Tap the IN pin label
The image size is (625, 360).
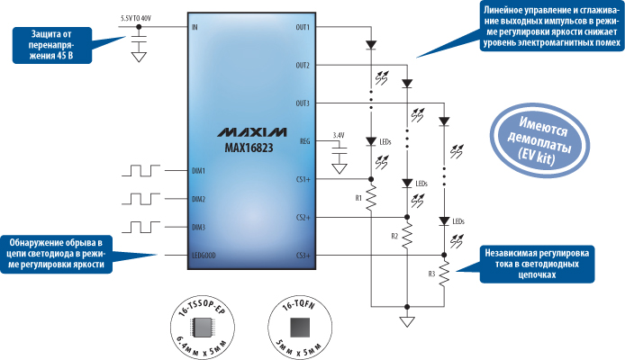[x=195, y=28]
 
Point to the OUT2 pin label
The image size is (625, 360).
[x=302, y=66]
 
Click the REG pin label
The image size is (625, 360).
[x=304, y=141]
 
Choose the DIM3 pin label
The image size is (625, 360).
[x=199, y=228]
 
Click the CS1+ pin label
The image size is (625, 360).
[x=303, y=179]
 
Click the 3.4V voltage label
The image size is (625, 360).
[x=339, y=135]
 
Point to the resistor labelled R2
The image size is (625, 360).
[x=407, y=237]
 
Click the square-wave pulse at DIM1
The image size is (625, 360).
[x=144, y=170]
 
